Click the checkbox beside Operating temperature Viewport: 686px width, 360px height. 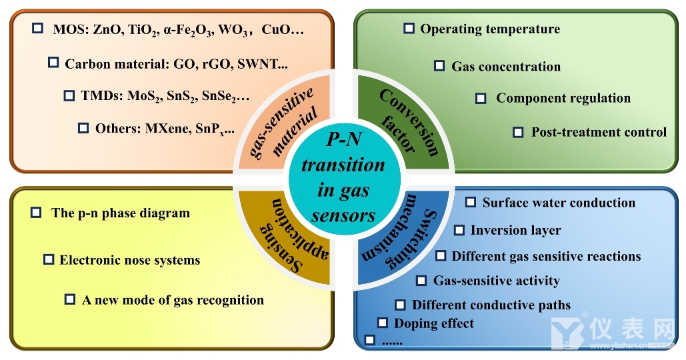point(409,29)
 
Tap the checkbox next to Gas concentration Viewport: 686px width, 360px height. point(439,65)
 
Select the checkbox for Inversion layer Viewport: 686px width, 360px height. point(459,230)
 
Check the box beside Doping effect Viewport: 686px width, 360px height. point(383,323)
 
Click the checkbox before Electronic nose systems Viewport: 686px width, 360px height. point(49,259)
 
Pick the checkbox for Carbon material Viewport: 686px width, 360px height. point(53,63)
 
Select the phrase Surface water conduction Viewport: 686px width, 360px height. point(559,203)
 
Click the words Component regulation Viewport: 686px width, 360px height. point(563,98)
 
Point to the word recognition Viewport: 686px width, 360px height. point(229,300)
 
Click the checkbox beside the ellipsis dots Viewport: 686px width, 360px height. point(370,340)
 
